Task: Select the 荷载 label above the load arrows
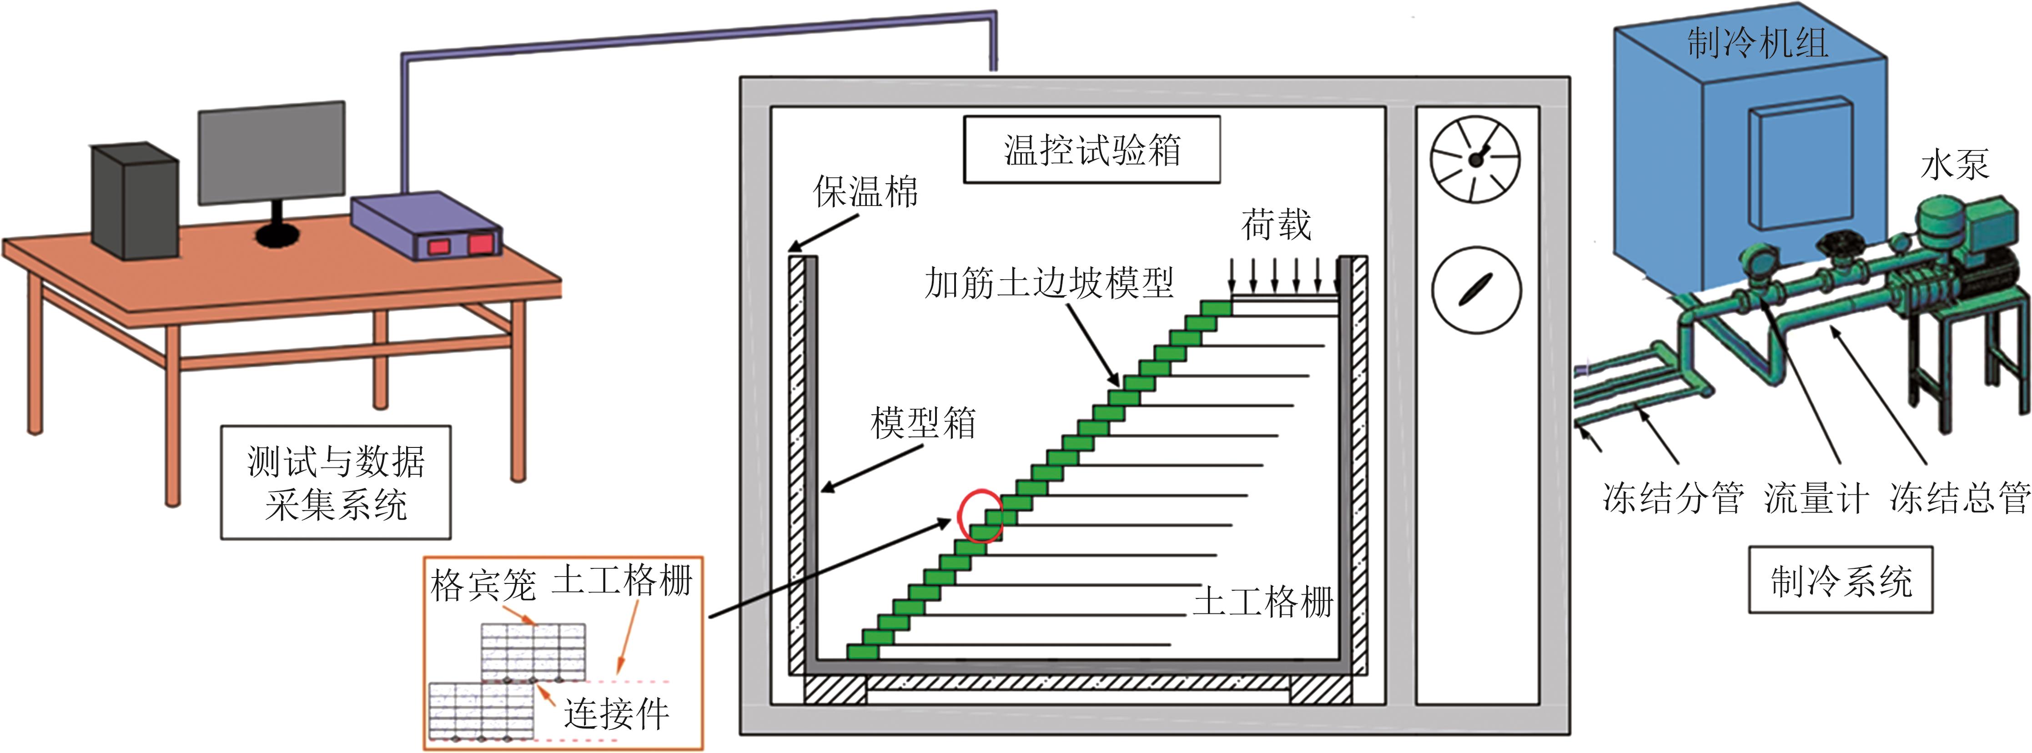tap(1276, 226)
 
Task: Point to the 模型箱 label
tap(923, 423)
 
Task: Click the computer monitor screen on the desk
tap(272, 153)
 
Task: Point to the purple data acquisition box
tap(427, 225)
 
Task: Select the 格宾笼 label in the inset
tap(483, 586)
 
